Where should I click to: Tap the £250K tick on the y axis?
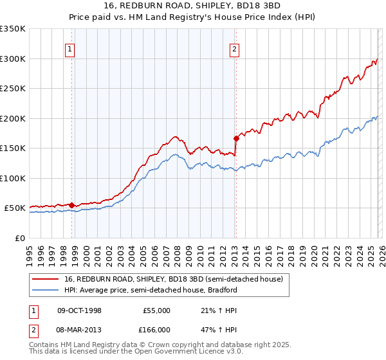tap(13, 89)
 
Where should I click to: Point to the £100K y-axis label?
tap(13, 178)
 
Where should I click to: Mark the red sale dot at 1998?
tap(71, 205)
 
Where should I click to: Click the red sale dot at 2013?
tap(236, 138)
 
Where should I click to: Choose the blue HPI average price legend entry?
tap(151, 290)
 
